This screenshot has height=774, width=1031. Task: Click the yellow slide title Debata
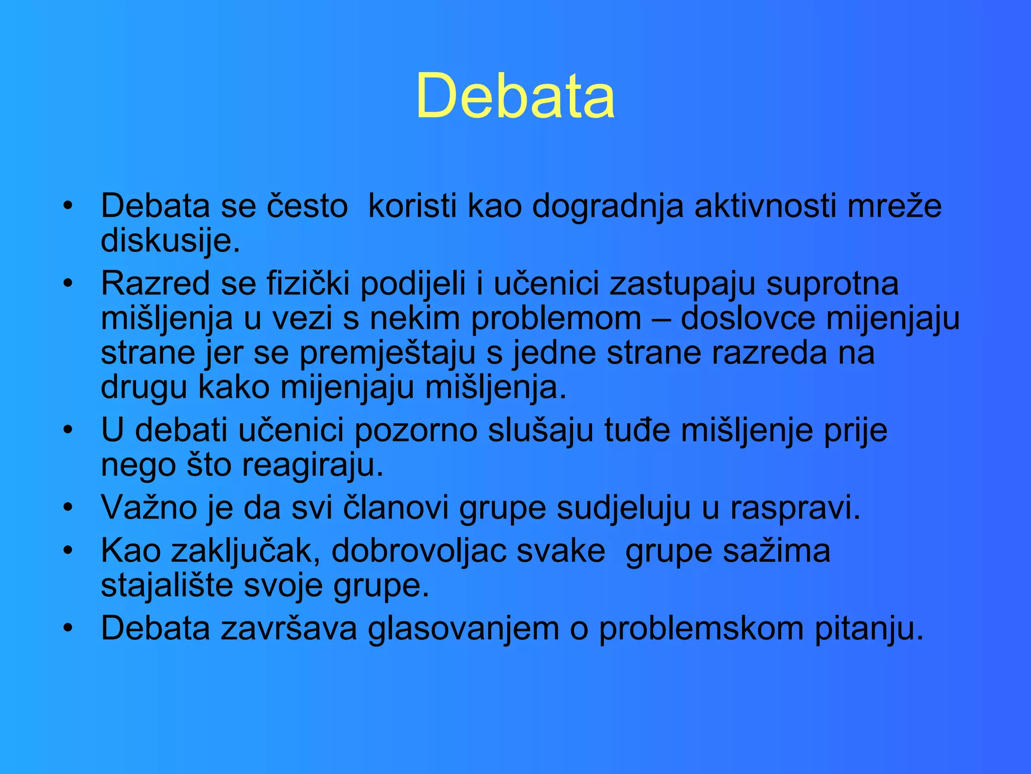(515, 96)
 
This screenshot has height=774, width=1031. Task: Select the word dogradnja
(608, 206)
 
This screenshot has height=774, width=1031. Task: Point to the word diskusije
(170, 241)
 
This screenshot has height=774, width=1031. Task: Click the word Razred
(155, 283)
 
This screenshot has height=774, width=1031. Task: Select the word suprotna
(832, 283)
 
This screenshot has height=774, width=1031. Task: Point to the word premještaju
(387, 353)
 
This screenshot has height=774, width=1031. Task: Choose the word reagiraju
(313, 465)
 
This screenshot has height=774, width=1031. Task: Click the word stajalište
(167, 585)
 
